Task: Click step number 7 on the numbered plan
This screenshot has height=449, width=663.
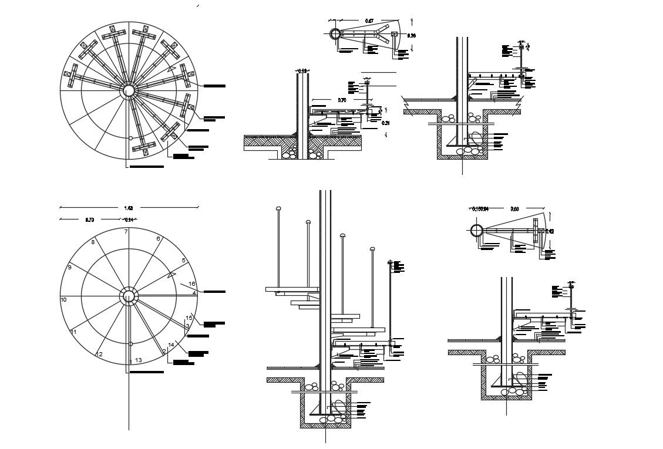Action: (x=126, y=231)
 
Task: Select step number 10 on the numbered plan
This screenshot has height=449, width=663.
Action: (x=64, y=299)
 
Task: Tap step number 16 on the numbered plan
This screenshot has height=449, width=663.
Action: (x=191, y=284)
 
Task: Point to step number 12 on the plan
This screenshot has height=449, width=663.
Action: (x=99, y=354)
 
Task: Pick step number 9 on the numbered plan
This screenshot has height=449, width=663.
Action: (x=69, y=267)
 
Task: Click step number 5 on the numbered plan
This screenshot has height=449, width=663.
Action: (x=184, y=260)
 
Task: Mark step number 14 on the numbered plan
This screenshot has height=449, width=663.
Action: (x=171, y=345)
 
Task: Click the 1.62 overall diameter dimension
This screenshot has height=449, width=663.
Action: (x=129, y=207)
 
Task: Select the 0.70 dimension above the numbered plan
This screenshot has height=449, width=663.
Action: (x=89, y=220)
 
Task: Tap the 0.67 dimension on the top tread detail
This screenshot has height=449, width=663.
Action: (x=369, y=21)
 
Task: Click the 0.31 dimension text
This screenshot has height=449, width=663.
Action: (x=386, y=123)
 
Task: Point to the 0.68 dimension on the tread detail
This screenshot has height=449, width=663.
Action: (x=515, y=208)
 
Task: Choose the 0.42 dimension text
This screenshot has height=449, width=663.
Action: (x=550, y=231)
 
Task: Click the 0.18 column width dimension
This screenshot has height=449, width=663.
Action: (x=302, y=71)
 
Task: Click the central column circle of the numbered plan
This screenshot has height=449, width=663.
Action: (x=129, y=296)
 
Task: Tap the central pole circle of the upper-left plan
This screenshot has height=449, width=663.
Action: (x=128, y=90)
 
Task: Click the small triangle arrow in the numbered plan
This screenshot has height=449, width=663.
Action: (x=171, y=274)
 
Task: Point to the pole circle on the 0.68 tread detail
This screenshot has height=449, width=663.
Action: (x=476, y=231)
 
